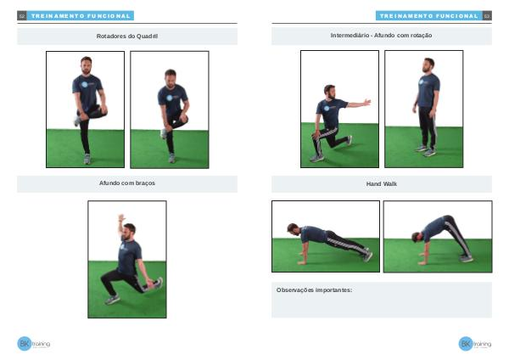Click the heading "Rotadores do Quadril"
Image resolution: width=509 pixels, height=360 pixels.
coord(127,36)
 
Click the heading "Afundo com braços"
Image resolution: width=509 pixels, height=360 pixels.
coord(127,183)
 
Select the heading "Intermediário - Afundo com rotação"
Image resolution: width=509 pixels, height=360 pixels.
coord(381,36)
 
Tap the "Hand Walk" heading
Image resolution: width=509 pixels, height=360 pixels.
coord(382,184)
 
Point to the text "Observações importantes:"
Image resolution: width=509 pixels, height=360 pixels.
coord(314,290)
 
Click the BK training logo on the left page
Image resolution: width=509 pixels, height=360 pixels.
coord(33,343)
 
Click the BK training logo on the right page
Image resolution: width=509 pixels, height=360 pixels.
coord(474,343)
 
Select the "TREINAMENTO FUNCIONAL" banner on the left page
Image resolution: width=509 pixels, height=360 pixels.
coord(81,15)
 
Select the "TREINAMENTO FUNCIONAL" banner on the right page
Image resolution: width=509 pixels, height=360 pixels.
coord(428,15)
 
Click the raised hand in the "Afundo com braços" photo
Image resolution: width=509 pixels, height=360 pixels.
coord(121,217)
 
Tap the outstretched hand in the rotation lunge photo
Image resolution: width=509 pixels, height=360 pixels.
coord(367,102)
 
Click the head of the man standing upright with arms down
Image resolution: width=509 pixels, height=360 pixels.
coord(428,65)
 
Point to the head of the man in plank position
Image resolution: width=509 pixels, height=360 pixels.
coord(294,228)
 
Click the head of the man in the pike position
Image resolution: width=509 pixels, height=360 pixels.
coord(417,237)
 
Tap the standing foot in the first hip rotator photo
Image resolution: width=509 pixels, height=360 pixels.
coord(87,159)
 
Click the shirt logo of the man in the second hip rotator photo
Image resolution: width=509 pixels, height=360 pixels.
coord(170,98)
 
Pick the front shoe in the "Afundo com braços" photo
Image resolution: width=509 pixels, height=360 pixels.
coord(112,300)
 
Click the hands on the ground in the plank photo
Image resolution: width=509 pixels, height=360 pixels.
coord(302,262)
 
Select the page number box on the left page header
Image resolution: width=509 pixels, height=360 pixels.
coord(22,15)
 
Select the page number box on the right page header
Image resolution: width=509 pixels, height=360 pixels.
coord(487,15)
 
